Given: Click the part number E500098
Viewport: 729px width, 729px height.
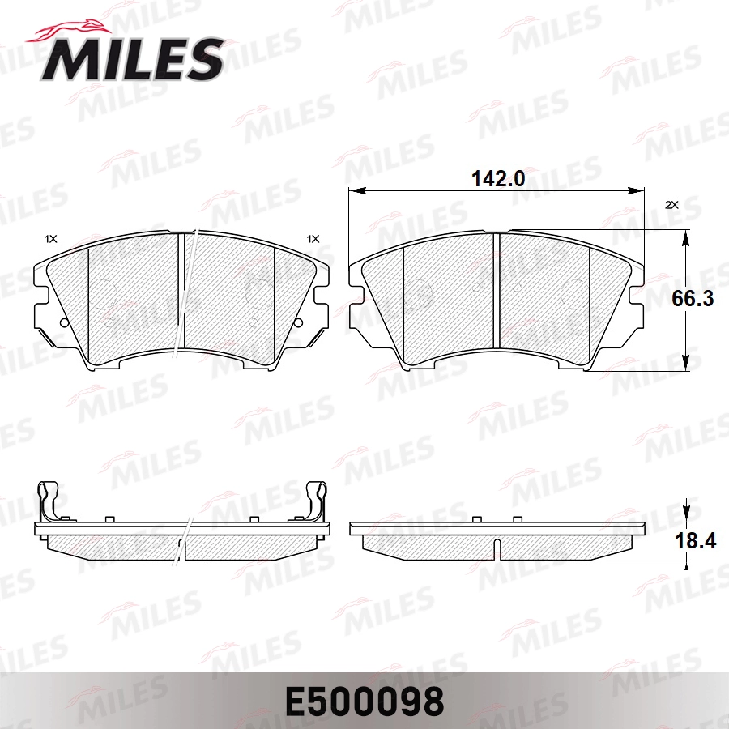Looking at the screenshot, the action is (x=364, y=702).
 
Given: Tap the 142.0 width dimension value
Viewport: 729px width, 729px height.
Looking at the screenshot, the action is (x=498, y=178).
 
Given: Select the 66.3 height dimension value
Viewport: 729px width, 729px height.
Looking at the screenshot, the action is (x=693, y=298).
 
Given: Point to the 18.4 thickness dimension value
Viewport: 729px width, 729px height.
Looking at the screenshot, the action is (x=695, y=541).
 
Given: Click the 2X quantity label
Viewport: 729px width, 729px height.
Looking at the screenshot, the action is (x=671, y=205).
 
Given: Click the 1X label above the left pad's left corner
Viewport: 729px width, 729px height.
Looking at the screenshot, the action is (x=50, y=239).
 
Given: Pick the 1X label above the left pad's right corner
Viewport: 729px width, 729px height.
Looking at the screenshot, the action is (x=313, y=239).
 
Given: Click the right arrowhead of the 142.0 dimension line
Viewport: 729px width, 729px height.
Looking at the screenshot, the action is (x=636, y=190).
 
